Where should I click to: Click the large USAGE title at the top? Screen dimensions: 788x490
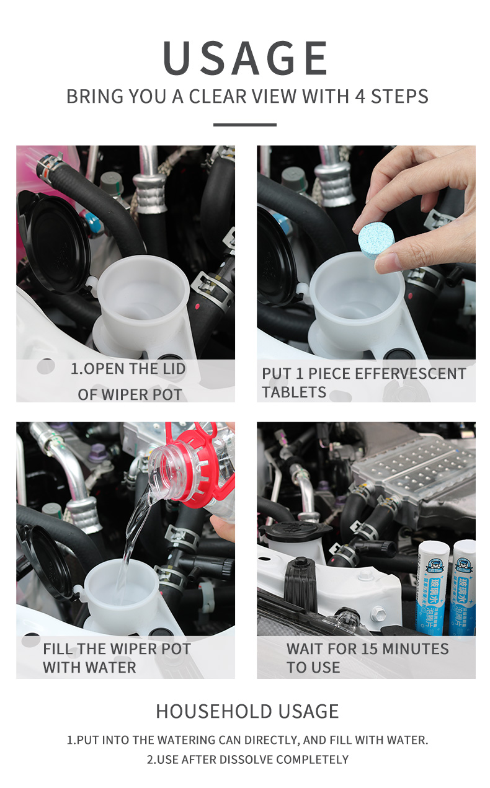pyautogui.click(x=246, y=58)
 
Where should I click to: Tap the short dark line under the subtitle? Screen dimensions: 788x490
pyautogui.click(x=244, y=125)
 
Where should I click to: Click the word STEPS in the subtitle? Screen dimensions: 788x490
pyautogui.click(x=399, y=97)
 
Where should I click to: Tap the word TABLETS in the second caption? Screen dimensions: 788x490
pyautogui.click(x=294, y=392)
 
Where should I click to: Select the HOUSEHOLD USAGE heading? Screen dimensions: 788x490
pyautogui.click(x=247, y=711)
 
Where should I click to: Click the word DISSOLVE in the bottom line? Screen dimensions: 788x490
pyautogui.click(x=244, y=759)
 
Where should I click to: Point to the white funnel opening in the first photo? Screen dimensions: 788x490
pyautogui.click(x=143, y=291)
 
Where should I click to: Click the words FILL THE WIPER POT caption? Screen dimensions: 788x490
pyautogui.click(x=117, y=649)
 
